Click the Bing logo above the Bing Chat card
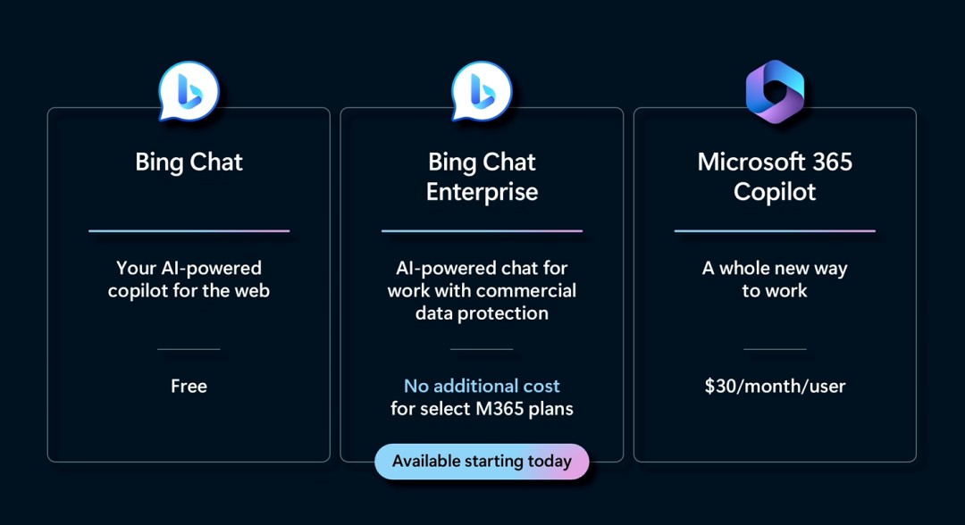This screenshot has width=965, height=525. click(x=189, y=91)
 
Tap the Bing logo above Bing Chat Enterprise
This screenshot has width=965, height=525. click(x=482, y=91)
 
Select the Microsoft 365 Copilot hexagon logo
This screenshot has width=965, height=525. click(x=775, y=92)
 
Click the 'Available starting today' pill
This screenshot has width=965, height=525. click(x=482, y=461)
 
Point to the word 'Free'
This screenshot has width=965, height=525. click(x=189, y=386)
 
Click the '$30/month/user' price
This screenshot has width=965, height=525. click(x=775, y=386)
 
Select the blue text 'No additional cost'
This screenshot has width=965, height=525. click(x=482, y=386)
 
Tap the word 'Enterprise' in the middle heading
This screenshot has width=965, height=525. click(x=482, y=193)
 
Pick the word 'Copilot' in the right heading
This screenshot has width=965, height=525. click(x=775, y=193)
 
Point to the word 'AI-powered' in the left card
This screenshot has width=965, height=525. click(x=211, y=269)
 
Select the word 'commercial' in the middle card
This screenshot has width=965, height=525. click(x=528, y=291)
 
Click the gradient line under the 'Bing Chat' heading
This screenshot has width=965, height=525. click(x=189, y=231)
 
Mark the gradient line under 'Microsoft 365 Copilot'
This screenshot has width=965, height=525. click(x=775, y=231)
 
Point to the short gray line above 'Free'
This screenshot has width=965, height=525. click(x=189, y=349)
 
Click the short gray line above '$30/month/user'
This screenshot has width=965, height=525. click(x=775, y=349)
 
